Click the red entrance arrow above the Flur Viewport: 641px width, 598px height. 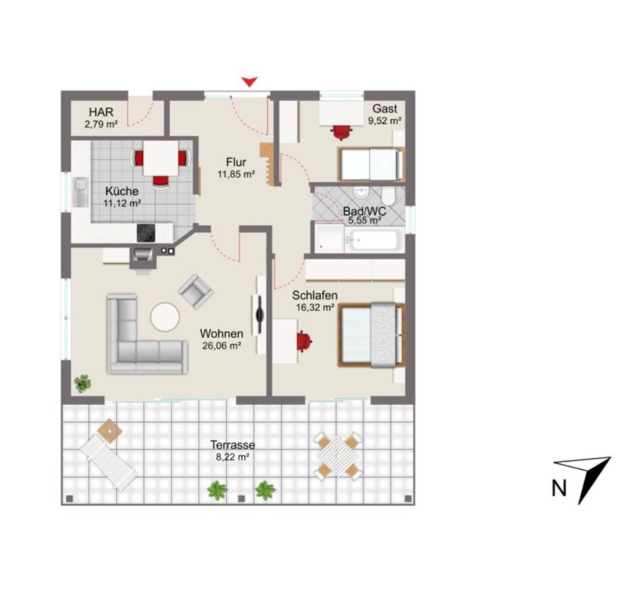249,81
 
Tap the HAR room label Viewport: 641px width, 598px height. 101,112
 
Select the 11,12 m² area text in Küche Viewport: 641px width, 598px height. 123,203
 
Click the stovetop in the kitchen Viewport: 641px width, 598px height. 146,233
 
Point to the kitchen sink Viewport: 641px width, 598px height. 80,192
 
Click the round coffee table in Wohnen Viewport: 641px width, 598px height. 165,316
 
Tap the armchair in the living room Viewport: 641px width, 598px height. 195,291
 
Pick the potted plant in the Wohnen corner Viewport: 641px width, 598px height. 83,384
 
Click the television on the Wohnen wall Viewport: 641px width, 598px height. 259,315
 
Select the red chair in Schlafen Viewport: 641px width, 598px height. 304,341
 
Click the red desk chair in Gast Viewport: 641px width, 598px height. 341,132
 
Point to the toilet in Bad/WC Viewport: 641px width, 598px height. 388,194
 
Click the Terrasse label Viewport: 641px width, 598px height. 232,445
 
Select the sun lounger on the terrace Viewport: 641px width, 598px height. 108,461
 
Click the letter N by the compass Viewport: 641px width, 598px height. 559,488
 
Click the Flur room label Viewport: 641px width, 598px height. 236,162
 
